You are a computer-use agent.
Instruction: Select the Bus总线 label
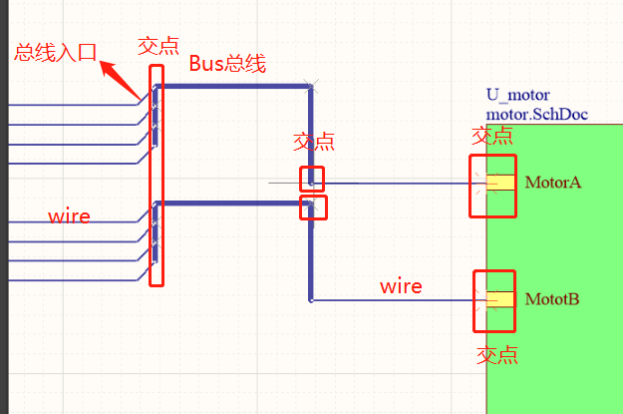click(x=227, y=64)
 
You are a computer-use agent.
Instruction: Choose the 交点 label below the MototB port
click(x=496, y=355)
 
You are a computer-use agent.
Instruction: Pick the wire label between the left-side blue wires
click(x=70, y=216)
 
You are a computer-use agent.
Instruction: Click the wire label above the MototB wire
click(x=401, y=286)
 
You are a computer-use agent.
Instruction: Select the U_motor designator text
click(x=517, y=96)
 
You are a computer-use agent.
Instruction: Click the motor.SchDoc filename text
click(x=536, y=114)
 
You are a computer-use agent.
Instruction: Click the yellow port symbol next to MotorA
click(x=499, y=183)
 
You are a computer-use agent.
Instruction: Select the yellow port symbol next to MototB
click(x=499, y=299)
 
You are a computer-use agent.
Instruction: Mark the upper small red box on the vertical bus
click(x=312, y=178)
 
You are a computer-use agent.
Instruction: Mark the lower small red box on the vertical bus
click(x=314, y=207)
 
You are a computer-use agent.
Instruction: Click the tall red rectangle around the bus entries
click(x=156, y=176)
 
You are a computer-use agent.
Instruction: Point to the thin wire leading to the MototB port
click(x=399, y=299)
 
